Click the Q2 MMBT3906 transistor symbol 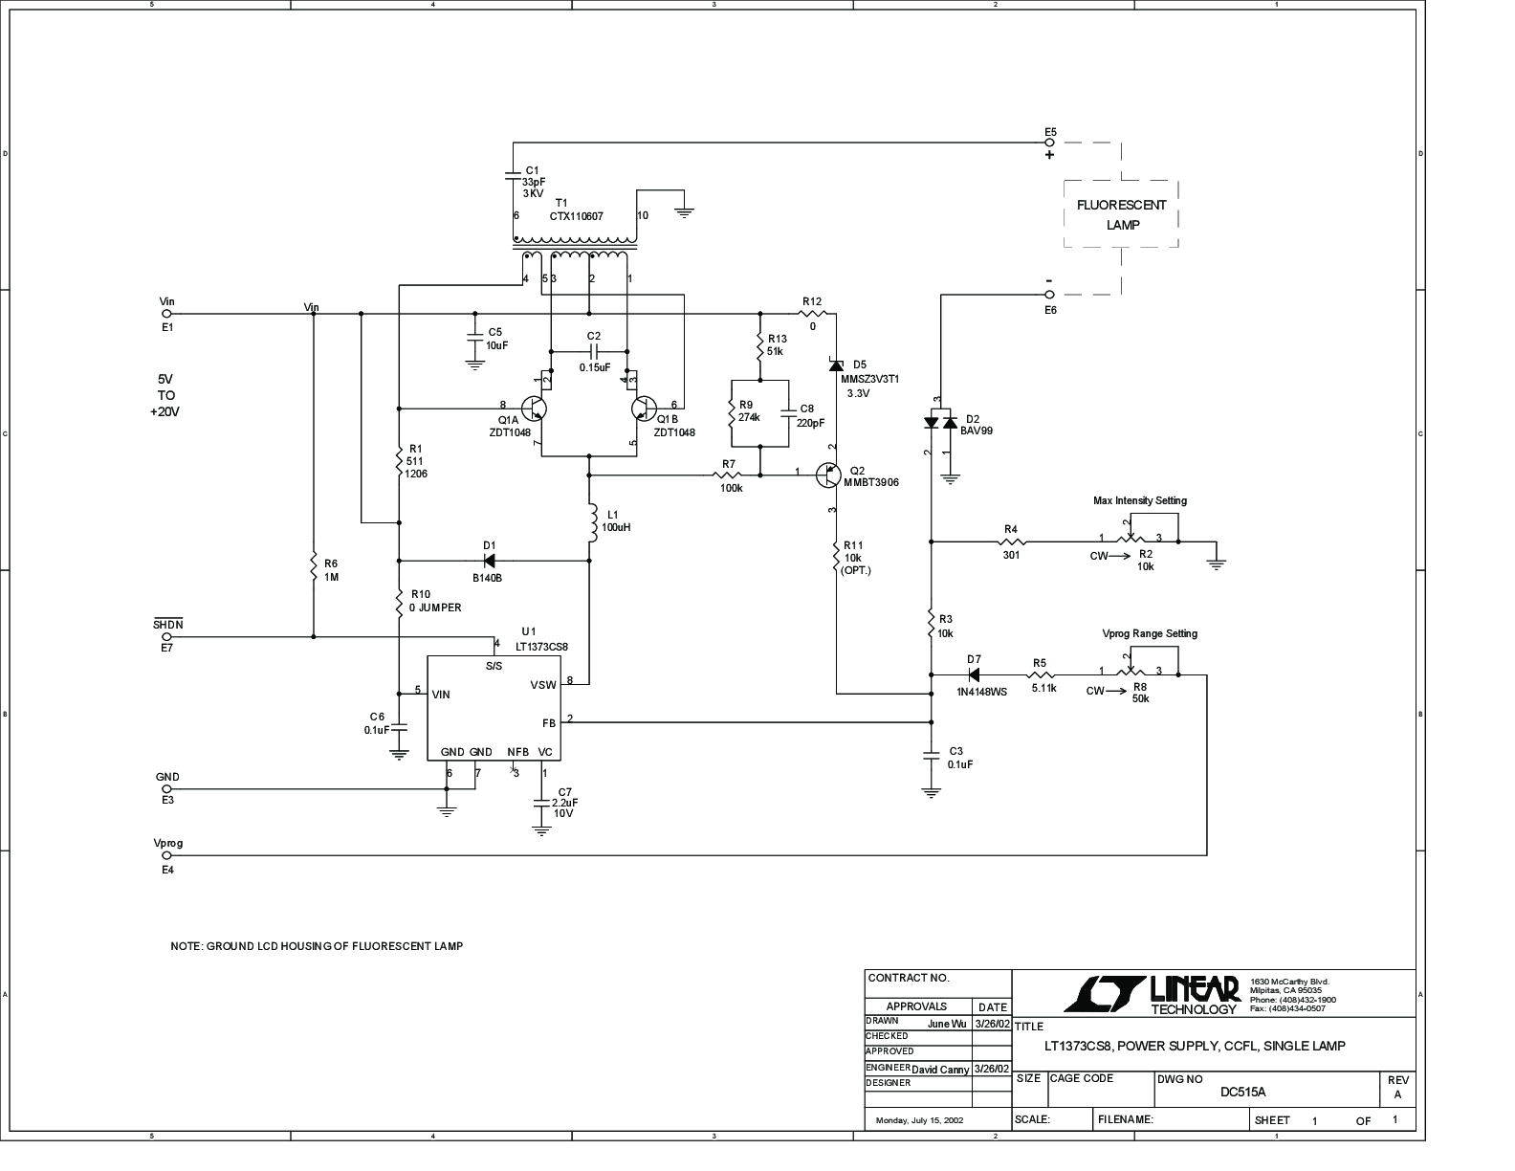coord(828,475)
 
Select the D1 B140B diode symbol coord(490,560)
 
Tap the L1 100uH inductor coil coord(592,521)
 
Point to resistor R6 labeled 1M coord(314,568)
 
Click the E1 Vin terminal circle coord(166,314)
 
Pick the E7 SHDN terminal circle coord(166,637)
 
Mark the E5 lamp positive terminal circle coord(1050,143)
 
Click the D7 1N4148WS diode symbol coord(974,675)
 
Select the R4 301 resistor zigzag coord(1012,541)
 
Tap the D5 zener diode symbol coord(836,365)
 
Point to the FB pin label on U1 coord(549,723)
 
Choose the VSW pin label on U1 coord(543,685)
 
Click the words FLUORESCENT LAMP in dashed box coord(1121,215)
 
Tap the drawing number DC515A coord(1242,1093)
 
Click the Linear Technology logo coord(1151,995)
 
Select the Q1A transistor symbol coord(534,409)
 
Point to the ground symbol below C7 coord(541,830)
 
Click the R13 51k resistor coord(760,346)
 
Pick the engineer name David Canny coord(940,1070)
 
